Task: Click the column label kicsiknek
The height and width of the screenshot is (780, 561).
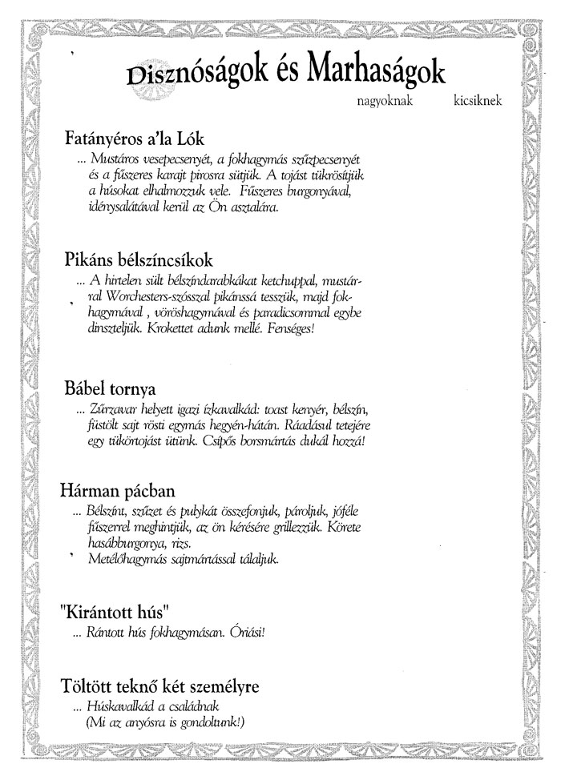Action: click(x=478, y=103)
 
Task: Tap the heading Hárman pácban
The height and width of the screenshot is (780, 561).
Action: click(x=117, y=488)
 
